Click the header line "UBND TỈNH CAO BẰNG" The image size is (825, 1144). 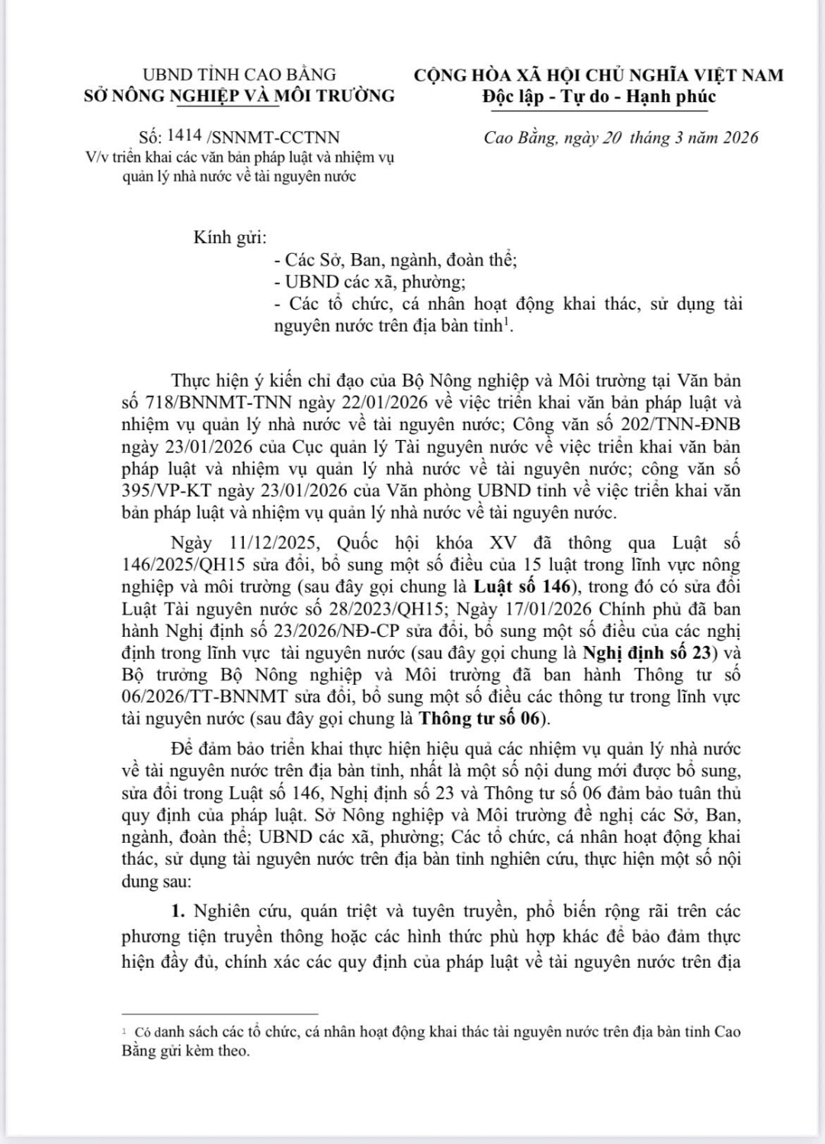239,75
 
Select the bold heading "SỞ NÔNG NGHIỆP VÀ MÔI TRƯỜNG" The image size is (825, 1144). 239,95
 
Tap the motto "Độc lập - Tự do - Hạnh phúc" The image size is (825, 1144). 599,96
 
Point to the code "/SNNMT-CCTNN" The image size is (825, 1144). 273,137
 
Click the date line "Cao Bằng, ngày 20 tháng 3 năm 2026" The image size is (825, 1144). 621,137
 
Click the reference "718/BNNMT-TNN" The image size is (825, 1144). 201,402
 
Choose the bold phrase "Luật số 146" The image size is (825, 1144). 520,587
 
